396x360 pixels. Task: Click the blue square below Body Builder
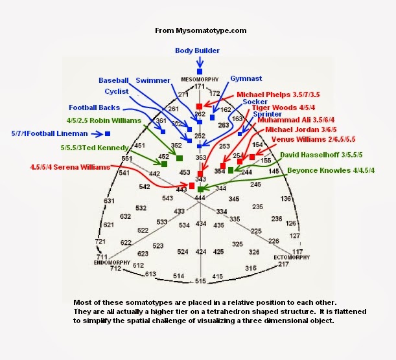click(200, 71)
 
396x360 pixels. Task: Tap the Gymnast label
click(246, 78)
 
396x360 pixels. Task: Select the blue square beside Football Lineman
click(108, 133)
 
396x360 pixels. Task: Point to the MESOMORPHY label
click(198, 79)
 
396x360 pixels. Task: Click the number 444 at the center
click(200, 197)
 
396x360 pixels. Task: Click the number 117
click(297, 251)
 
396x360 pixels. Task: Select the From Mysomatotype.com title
click(200, 30)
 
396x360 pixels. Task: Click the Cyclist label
click(116, 92)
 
